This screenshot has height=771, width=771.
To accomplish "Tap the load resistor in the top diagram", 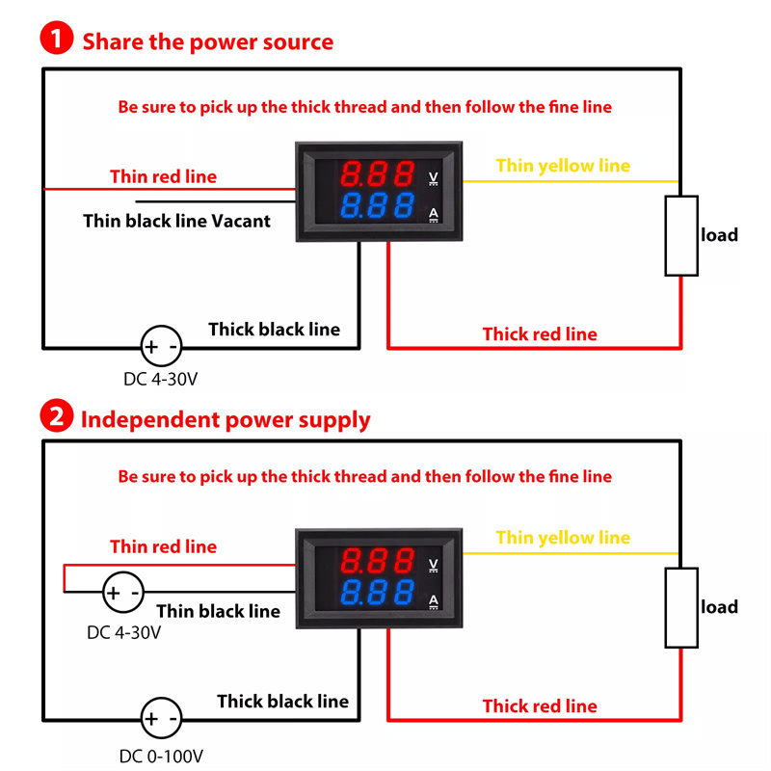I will point(682,235).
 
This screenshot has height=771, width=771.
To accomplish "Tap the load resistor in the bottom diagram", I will point(682,607).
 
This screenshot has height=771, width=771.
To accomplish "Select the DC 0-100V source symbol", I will point(161,719).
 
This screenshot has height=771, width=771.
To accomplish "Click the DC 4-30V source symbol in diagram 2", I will point(122,592).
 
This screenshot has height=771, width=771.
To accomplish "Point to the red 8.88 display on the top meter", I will point(378,175).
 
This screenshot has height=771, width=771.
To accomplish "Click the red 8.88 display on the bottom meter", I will point(378,560).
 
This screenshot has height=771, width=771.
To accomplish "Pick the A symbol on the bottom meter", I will point(433,602).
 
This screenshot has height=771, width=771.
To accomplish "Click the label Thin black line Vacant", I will point(176,221).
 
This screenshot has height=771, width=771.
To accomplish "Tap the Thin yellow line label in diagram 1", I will point(563,166).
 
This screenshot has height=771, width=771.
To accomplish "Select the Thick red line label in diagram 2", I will point(540,706).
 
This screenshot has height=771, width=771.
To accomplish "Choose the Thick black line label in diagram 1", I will point(274,330).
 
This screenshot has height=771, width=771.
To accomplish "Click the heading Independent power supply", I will point(226,419).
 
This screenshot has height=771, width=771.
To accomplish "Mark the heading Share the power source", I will point(207,41).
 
